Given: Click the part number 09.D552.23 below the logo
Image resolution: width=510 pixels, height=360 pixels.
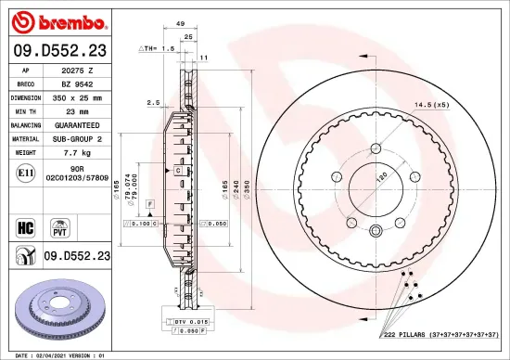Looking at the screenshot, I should click(x=58, y=50).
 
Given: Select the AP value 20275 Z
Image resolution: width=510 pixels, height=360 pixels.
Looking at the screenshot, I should click(x=78, y=70).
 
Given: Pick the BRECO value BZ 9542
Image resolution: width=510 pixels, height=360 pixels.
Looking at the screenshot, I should click(x=78, y=83).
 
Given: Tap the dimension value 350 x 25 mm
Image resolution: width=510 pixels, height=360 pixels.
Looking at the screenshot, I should click(x=78, y=96).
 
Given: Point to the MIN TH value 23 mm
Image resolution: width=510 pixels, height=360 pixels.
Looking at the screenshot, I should click(x=78, y=109).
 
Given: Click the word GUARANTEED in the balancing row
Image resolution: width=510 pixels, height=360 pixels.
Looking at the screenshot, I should click(x=78, y=123).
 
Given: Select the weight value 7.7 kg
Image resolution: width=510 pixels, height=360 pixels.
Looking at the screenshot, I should click(x=78, y=150).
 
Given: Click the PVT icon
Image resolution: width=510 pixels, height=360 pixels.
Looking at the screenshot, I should click(x=60, y=225).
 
